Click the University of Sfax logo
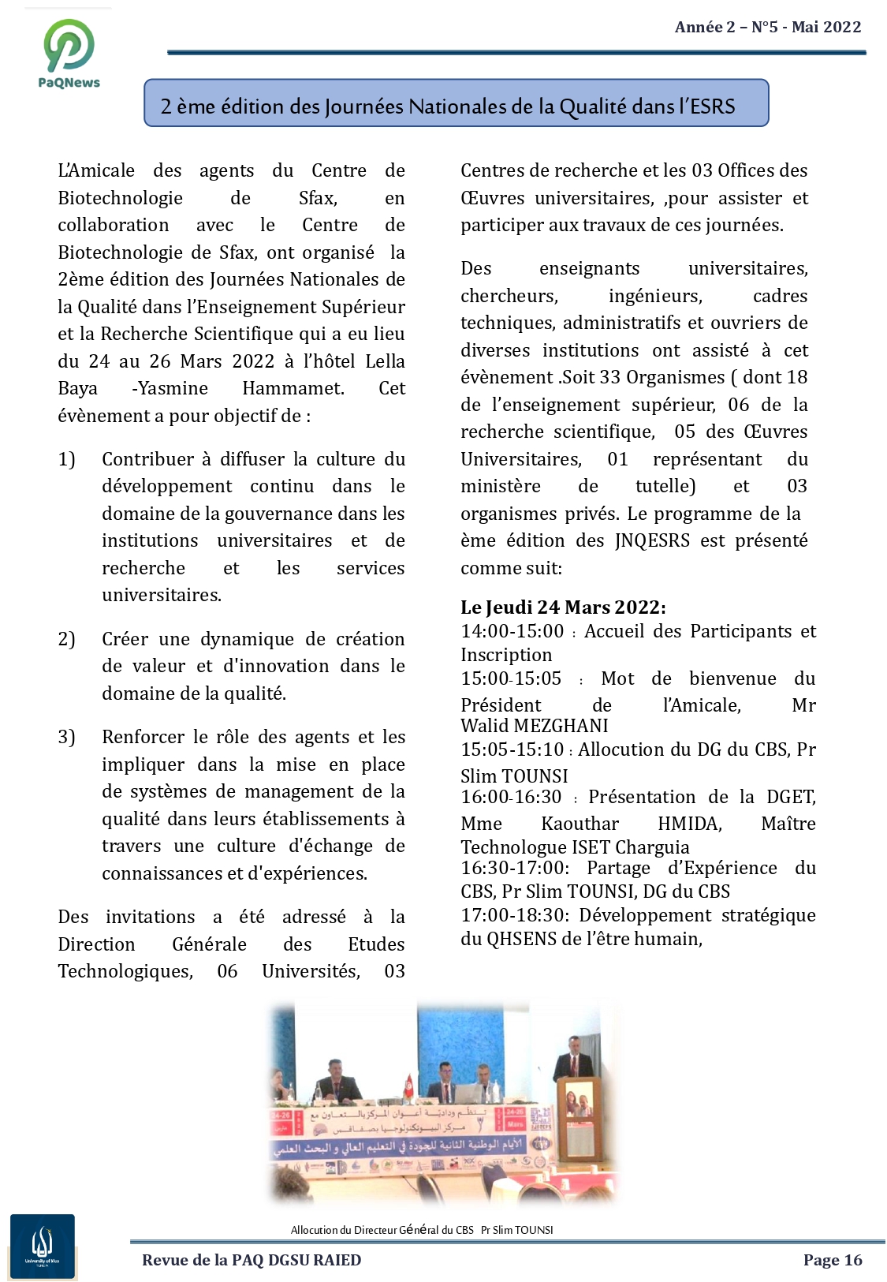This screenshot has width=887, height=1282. (43, 1246)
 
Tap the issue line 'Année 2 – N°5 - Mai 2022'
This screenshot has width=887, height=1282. (767, 28)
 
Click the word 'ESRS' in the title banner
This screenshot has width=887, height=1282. (712, 107)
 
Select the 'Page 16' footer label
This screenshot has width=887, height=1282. (832, 1260)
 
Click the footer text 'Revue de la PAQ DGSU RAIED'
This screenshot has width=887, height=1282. (252, 1260)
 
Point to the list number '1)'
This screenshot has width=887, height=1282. (66, 459)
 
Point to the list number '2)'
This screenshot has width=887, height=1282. (66, 639)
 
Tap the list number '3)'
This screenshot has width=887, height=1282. (66, 737)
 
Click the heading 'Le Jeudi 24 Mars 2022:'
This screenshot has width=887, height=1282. (563, 607)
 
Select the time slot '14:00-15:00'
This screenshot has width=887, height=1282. (512, 631)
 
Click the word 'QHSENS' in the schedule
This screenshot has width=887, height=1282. (522, 939)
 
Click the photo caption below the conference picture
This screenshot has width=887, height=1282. (422, 1230)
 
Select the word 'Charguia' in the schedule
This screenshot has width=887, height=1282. (652, 847)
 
